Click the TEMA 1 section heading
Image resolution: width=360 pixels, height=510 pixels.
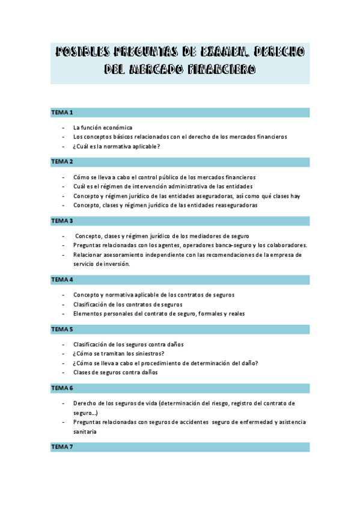(62, 112)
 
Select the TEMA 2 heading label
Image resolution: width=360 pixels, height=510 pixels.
(62, 162)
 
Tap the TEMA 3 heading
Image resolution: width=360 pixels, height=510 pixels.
(62, 221)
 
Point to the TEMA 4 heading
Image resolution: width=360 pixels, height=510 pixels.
(62, 280)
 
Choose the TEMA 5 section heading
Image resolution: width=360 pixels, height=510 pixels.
(62, 329)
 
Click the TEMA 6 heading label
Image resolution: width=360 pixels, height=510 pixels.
(62, 388)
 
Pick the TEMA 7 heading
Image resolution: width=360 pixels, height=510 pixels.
(62, 447)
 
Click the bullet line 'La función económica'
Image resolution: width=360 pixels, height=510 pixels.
(103, 127)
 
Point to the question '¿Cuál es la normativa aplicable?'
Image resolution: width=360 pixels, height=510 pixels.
(117, 147)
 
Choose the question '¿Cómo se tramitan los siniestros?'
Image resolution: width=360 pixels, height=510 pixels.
(118, 354)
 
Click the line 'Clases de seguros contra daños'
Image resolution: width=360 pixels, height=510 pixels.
(115, 373)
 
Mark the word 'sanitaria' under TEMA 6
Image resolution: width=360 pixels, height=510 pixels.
(85, 432)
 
